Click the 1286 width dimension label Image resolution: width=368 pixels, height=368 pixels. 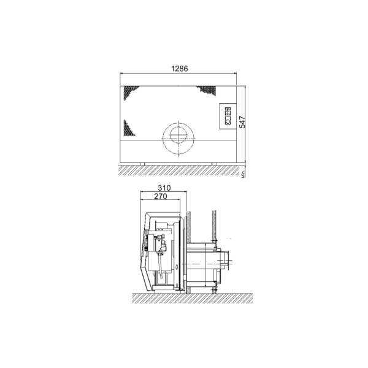pyautogui.click(x=180, y=69)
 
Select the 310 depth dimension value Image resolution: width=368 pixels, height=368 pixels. pyautogui.click(x=163, y=188)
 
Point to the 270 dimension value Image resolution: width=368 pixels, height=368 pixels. pyautogui.click(x=160, y=197)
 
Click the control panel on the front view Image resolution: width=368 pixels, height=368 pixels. pyautogui.click(x=227, y=116)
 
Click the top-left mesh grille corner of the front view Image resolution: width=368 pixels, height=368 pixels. pyautogui.click(x=130, y=91)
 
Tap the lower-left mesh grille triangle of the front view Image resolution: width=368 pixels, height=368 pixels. pyautogui.click(x=128, y=129)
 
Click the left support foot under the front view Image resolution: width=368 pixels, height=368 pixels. pyautogui.click(x=142, y=163)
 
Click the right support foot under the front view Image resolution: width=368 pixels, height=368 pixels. pyautogui.click(x=214, y=163)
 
